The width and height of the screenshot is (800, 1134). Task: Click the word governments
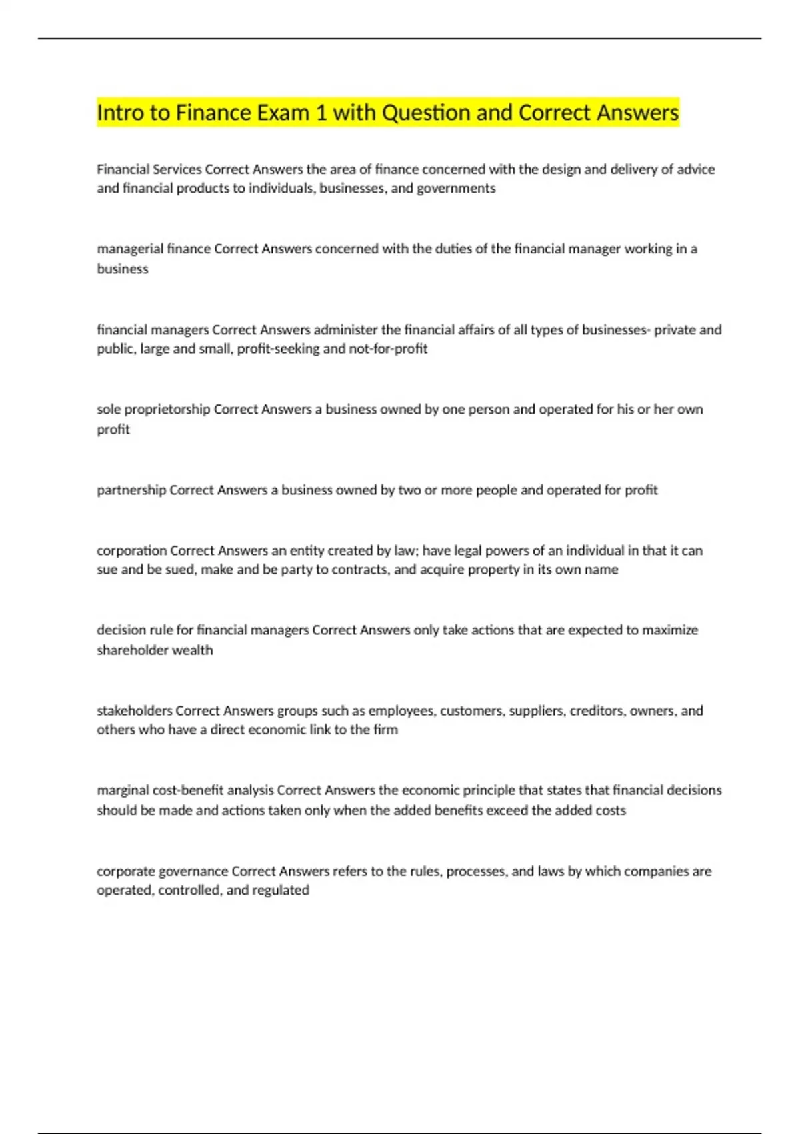(x=456, y=189)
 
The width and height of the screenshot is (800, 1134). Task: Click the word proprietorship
(x=167, y=410)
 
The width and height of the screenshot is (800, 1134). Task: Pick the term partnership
(x=131, y=490)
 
